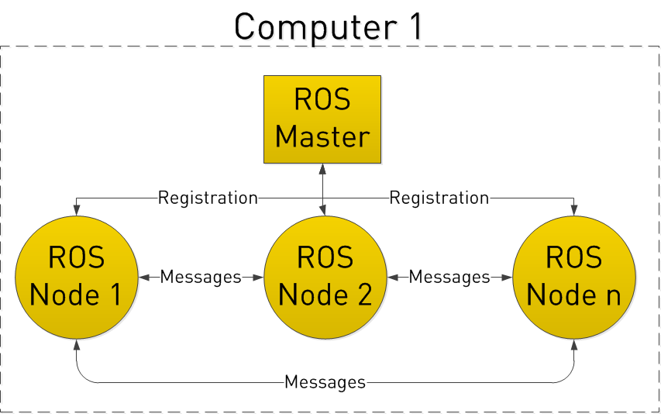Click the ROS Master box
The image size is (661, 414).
tap(322, 119)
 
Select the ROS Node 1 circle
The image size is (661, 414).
tap(77, 277)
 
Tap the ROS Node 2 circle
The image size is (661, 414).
tap(325, 277)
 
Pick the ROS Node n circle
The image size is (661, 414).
tap(574, 277)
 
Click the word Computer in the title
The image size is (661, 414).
tap(307, 26)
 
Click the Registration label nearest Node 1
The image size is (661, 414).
tap(208, 198)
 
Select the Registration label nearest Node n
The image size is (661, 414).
tap(439, 198)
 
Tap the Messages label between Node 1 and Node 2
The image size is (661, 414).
tap(201, 277)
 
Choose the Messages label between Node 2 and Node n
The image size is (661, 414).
tap(449, 277)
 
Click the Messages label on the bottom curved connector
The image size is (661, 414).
tap(325, 381)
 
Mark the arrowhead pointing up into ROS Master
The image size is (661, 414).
tap(322, 168)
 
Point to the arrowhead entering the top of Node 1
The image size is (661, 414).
tap(77, 210)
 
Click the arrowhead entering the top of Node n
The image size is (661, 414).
tap(574, 210)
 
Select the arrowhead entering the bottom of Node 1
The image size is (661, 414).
tap(77, 343)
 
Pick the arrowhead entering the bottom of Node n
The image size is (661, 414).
tap(574, 343)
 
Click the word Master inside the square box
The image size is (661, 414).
tap(322, 136)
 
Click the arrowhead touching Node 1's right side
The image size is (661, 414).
tap(144, 277)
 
